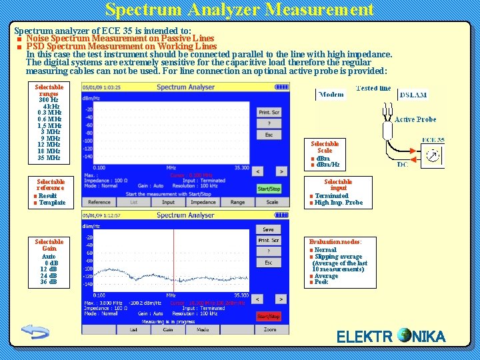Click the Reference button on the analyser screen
(99, 202)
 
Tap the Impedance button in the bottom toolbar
(203, 202)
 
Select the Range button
(237, 202)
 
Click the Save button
(268, 229)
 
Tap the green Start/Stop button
(269, 189)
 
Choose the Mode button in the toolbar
(203, 329)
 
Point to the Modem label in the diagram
(331, 95)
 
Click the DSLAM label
(413, 95)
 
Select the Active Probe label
(415, 119)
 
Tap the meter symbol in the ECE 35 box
(433, 155)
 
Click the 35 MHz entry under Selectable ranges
(49, 158)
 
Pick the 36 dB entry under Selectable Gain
(49, 282)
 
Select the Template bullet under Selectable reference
(52, 203)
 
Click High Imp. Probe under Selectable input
(338, 203)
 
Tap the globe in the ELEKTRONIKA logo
(404, 335)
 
